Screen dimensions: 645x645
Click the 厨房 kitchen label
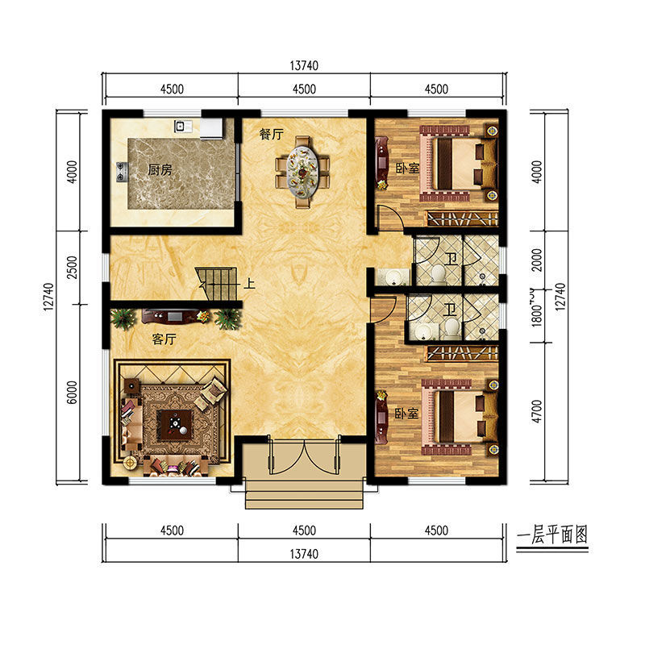click(160, 169)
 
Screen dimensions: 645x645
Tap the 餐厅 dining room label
click(272, 134)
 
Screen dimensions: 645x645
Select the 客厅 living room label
click(164, 339)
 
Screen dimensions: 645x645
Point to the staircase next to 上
click(217, 284)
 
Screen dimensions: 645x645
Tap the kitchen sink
click(183, 126)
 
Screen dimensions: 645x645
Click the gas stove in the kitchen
click(122, 172)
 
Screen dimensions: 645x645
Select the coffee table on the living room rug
click(176, 425)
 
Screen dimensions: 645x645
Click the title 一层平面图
click(552, 535)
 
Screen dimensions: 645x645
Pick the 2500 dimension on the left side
click(72, 268)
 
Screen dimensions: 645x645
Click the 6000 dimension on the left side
click(72, 393)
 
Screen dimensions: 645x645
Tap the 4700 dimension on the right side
click(537, 411)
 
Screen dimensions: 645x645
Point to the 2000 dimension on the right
click(537, 260)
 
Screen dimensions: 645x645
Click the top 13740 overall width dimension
click(304, 65)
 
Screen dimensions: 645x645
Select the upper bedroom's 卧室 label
click(408, 168)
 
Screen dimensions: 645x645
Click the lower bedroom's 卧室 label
click(406, 414)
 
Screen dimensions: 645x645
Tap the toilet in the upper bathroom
click(439, 273)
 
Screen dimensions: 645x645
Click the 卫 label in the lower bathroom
click(450, 310)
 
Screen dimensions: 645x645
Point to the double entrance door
click(305, 456)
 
